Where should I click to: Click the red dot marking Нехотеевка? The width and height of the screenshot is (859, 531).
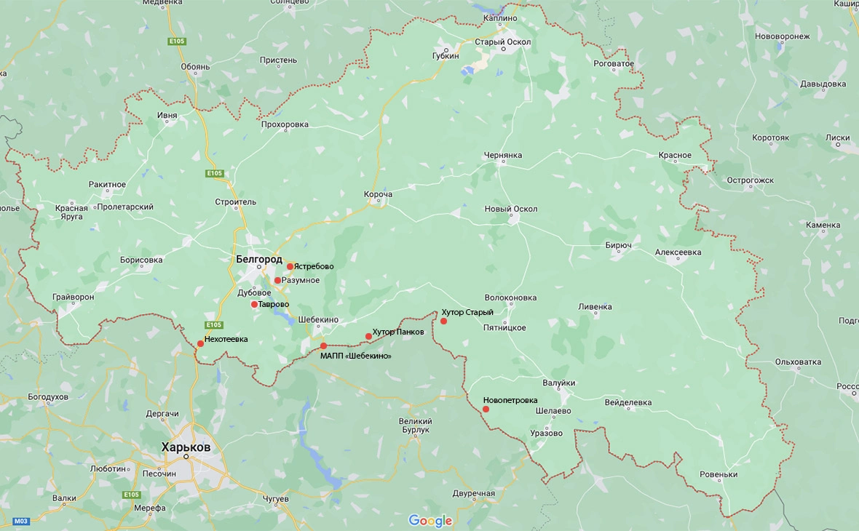tap(200, 343)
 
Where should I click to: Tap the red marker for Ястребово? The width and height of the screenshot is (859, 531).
tap(290, 266)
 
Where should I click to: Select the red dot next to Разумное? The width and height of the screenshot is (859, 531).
tap(277, 280)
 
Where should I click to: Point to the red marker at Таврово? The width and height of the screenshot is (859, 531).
tap(254, 304)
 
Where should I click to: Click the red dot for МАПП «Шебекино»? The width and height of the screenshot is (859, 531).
tap(323, 346)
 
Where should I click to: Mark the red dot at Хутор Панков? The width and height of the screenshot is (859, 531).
tap(368, 336)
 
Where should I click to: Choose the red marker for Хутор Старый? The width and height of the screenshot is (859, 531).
tap(443, 321)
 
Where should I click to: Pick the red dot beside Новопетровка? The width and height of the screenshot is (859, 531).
tap(486, 409)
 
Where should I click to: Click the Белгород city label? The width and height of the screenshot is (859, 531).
tap(258, 259)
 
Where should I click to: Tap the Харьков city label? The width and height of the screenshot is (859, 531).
tap(186, 447)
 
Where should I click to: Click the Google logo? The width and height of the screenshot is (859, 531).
tap(430, 521)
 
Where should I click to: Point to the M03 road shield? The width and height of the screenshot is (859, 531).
tap(21, 521)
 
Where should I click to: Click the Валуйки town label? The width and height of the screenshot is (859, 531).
tap(559, 383)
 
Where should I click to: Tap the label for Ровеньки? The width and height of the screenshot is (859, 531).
tap(719, 475)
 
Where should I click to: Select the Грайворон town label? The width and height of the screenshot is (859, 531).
tap(74, 297)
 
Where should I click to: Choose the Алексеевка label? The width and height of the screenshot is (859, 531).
tap(678, 252)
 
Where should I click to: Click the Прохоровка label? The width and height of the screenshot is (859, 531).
tap(285, 124)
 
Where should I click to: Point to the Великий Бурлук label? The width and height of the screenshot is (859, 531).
tap(416, 426)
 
